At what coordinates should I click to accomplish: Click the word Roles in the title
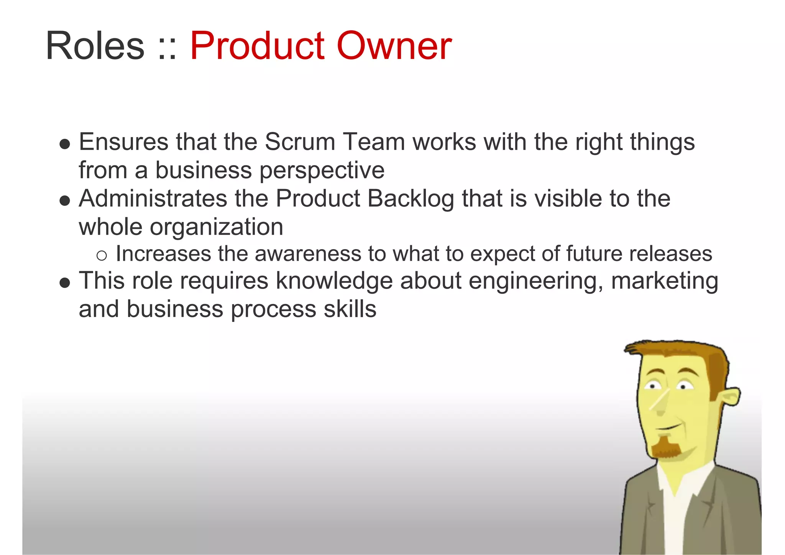(x=95, y=46)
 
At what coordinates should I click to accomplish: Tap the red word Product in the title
(x=257, y=46)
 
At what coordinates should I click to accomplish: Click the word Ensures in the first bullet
(x=123, y=142)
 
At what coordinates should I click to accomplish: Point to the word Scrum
(x=300, y=142)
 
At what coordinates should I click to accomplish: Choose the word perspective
(x=322, y=171)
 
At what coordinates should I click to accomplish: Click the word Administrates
(x=153, y=199)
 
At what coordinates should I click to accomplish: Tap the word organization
(x=217, y=227)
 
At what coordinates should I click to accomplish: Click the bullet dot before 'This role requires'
(x=65, y=283)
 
